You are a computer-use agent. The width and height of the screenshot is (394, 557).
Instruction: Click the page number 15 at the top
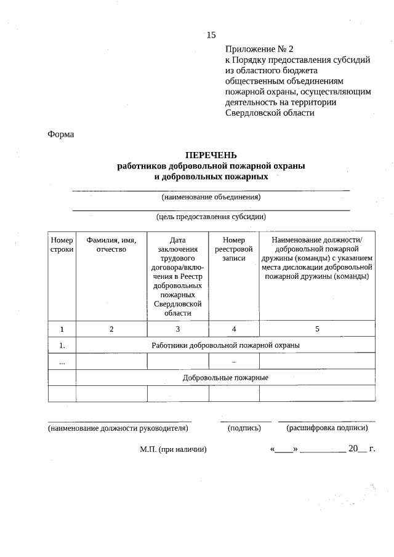click(x=212, y=34)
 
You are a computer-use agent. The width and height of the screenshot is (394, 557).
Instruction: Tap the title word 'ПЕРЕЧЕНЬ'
click(x=211, y=155)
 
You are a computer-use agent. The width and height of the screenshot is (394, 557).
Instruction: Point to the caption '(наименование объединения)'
click(x=211, y=198)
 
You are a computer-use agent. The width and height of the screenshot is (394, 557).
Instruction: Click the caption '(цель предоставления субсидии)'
click(x=211, y=217)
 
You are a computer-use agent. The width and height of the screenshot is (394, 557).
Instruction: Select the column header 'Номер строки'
click(x=62, y=244)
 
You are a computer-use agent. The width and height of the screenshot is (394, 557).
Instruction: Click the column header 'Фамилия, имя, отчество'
click(x=111, y=244)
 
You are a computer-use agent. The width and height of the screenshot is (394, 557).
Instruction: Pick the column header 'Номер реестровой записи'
click(x=234, y=249)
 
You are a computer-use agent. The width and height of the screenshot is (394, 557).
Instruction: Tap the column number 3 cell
click(x=178, y=329)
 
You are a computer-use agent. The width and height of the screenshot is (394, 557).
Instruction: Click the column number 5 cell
click(x=317, y=329)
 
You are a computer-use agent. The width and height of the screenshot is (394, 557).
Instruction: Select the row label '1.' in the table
click(x=62, y=345)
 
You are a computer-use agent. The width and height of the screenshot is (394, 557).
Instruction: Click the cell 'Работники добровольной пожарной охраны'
click(x=225, y=345)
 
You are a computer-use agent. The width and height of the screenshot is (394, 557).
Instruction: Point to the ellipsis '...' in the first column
click(x=62, y=362)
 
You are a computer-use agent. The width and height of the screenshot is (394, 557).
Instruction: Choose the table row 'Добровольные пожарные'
click(x=225, y=377)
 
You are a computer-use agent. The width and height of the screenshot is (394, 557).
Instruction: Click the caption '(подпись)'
click(x=246, y=427)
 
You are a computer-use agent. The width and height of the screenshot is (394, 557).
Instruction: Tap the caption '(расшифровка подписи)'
click(x=327, y=427)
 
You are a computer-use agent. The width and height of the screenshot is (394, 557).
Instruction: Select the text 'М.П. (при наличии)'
click(x=173, y=450)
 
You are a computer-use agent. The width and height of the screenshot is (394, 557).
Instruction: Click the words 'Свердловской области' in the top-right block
click(x=270, y=113)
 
